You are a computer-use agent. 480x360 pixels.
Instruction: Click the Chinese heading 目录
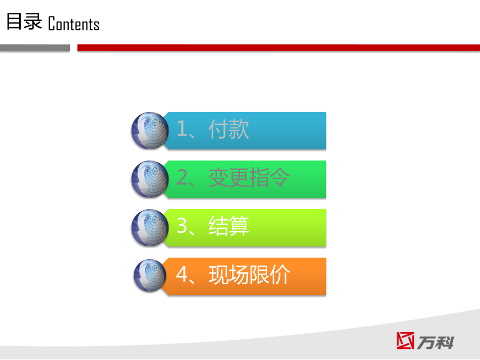24,21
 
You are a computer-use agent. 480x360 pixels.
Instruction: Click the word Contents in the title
74,24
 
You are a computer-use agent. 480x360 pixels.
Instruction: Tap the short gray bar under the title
35,48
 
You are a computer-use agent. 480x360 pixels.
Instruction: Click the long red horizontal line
278,48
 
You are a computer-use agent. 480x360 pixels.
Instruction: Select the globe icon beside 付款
150,131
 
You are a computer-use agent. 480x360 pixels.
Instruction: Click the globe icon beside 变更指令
150,179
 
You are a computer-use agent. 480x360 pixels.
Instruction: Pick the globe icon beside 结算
150,228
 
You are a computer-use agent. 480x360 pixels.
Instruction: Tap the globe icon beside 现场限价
150,276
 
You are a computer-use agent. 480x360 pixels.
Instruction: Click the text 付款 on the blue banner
229,129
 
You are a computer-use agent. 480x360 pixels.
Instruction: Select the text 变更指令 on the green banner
249,178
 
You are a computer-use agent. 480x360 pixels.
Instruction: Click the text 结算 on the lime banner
229,226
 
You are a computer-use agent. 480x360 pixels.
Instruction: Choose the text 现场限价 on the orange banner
249,275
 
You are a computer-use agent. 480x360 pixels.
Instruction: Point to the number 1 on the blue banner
181,129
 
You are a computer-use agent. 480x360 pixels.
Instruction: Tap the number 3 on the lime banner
182,225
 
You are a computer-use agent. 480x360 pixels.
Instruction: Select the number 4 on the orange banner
182,274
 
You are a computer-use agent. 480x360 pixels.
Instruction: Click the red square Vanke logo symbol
405,340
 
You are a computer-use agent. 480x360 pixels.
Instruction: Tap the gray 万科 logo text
435,342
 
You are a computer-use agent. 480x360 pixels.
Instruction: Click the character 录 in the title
33,21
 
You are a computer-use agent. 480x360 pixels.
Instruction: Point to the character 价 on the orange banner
280,275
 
